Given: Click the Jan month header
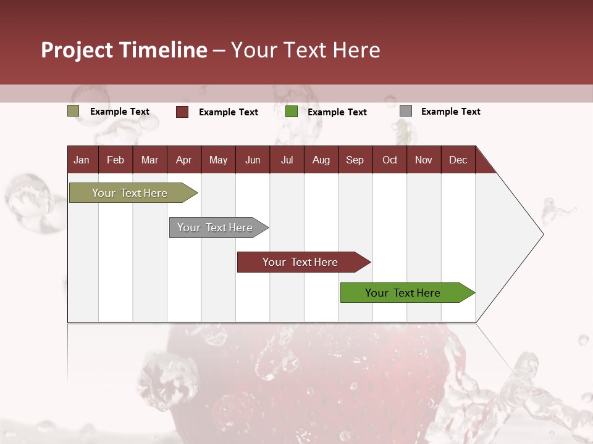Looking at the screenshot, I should tap(82, 160).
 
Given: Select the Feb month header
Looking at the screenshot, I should tap(116, 160).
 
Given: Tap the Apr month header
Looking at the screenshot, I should tap(183, 160).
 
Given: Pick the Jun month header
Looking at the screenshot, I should tap(253, 160).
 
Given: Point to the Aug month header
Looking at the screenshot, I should tap(321, 160).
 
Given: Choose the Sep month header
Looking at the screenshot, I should tap(355, 160).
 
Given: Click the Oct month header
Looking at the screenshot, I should tap(390, 160).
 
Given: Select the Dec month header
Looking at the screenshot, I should tap(458, 160).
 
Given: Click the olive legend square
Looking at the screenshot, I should tap(74, 111).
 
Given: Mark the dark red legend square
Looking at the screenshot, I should tap(182, 112).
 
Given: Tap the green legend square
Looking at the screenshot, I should tap(292, 112).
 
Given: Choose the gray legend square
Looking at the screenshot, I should tap(406, 111).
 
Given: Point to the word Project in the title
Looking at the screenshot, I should tap(77, 50).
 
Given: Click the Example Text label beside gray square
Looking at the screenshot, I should tap(450, 112).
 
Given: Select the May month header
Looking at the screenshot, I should tap(218, 160).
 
